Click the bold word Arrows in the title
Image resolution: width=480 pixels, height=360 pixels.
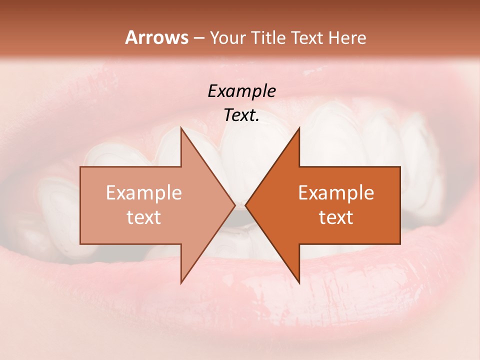pos(156,37)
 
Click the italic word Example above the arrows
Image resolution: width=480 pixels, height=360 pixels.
pos(241,91)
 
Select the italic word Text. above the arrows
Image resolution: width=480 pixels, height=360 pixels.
pos(241,115)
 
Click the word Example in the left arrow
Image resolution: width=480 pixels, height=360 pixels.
pos(144,193)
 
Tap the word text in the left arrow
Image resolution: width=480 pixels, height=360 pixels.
pos(144,217)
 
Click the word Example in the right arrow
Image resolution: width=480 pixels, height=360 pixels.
pos(336,193)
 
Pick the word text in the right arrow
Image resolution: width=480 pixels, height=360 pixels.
pos(336,217)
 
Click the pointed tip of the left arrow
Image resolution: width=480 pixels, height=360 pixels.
pos(234,205)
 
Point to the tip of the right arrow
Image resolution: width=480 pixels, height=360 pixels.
pos(245,205)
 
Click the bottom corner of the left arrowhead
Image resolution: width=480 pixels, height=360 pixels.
pos(181,282)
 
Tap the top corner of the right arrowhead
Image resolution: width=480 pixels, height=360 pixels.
pos(299,128)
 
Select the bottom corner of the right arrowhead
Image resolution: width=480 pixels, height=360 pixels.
pos(299,282)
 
